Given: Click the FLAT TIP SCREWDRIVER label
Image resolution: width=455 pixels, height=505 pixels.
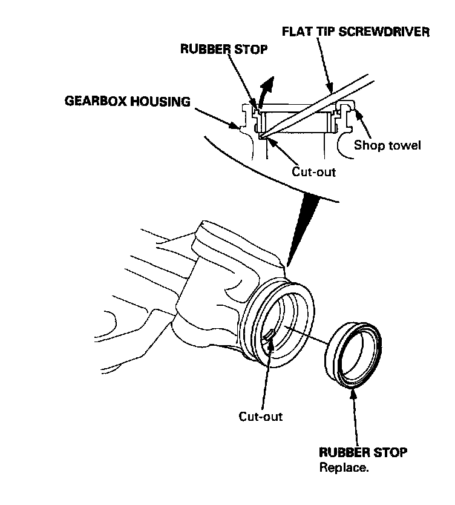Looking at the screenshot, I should pos(357,31).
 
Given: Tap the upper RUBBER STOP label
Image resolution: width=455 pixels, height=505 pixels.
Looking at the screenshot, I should pos(224,50).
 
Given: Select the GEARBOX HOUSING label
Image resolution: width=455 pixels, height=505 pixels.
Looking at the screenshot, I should pos(128,101).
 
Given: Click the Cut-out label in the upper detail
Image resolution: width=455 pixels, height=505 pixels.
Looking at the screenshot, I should pos(313,171).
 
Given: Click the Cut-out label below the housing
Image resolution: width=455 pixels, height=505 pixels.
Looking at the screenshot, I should pos(260,417).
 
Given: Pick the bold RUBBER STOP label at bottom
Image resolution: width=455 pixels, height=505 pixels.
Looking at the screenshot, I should pos(362,452).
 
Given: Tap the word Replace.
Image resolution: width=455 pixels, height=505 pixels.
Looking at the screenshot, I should pos(344,467).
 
